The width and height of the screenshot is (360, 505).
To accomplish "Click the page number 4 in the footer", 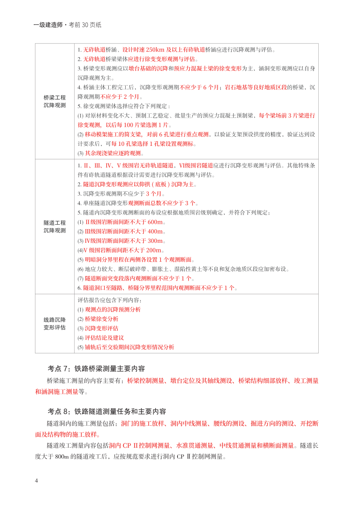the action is [x=37, y=481].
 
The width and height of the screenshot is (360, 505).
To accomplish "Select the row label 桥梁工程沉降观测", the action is [x=55, y=101].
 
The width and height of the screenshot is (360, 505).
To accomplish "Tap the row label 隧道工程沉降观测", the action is [x=55, y=226].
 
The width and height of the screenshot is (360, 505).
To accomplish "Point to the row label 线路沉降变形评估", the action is [x=55, y=324].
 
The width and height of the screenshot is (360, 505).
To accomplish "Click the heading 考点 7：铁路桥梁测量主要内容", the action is [x=96, y=368].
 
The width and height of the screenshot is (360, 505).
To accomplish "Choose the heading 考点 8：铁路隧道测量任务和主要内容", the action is [x=107, y=411].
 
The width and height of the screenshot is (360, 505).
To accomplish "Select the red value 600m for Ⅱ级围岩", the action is [x=155, y=222].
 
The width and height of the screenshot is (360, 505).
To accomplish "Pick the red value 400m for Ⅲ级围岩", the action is [x=155, y=231].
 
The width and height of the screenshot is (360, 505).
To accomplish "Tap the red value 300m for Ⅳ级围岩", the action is [x=156, y=241].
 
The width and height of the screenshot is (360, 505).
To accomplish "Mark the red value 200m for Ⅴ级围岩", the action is [x=156, y=250].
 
